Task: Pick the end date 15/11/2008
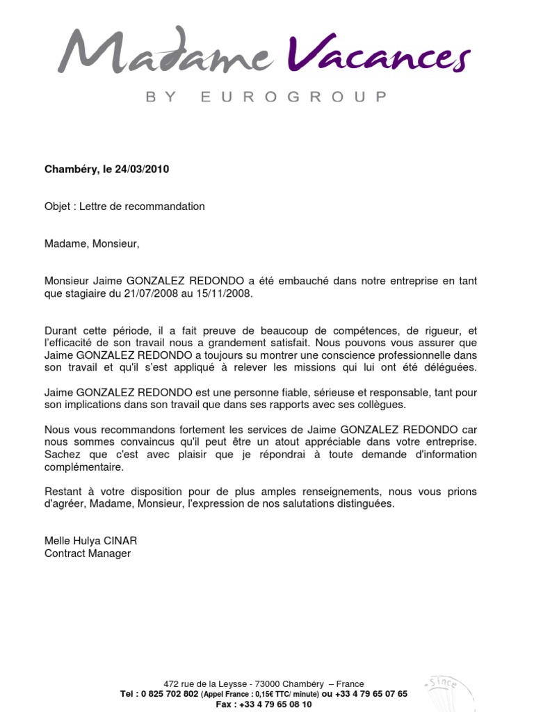(223, 293)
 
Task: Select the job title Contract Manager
(88, 553)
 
